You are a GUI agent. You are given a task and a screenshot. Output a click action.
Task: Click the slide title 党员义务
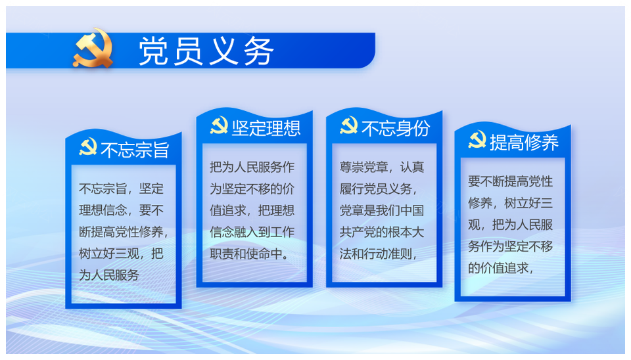[x=206, y=51]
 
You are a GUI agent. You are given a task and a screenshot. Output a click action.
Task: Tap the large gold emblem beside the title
[x=93, y=47]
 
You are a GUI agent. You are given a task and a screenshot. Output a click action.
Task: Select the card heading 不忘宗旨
[x=135, y=150]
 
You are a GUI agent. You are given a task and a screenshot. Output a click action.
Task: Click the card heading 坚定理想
[x=266, y=128]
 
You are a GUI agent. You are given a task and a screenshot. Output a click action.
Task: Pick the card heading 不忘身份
[x=396, y=128]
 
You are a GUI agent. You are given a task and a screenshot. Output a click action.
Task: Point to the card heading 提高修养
[x=525, y=143]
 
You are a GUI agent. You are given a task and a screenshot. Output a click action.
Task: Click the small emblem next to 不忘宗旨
[x=88, y=146]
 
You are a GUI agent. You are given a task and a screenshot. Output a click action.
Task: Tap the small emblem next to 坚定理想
[x=219, y=125]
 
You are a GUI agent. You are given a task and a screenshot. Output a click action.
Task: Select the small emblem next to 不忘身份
[x=348, y=125]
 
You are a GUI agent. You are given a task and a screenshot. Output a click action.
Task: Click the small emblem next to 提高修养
[x=477, y=139]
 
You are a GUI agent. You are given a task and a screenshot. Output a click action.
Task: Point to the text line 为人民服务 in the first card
[x=109, y=275]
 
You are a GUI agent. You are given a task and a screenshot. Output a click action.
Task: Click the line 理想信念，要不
[x=121, y=210]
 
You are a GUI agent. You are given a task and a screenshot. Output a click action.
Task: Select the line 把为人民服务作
[x=252, y=167]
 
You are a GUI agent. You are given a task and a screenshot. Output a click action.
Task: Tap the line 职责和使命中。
[x=250, y=254]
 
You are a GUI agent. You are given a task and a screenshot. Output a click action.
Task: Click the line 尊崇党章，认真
[x=381, y=167]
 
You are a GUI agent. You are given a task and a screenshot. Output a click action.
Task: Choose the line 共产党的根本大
[x=381, y=232]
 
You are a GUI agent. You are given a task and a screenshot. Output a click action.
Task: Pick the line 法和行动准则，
[x=379, y=254]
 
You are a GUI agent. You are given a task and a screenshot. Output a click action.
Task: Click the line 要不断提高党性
[x=510, y=181]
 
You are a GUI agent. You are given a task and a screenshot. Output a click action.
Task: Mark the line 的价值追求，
[x=501, y=268]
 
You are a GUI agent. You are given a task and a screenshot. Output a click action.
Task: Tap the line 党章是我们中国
[x=381, y=210]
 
